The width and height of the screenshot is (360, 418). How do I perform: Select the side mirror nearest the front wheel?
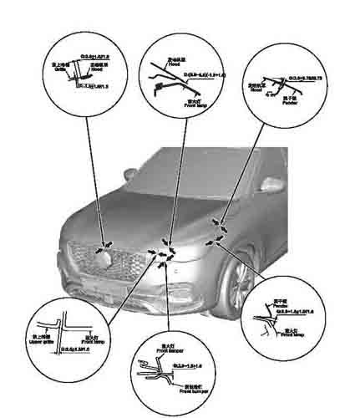tap(270, 186)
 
